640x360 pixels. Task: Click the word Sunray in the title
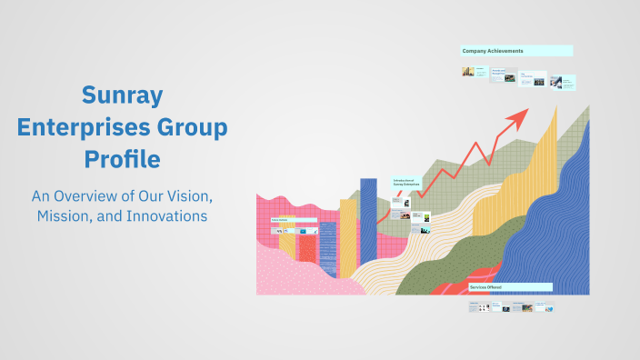(x=122, y=94)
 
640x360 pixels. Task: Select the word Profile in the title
(x=122, y=159)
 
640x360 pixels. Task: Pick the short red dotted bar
(x=307, y=249)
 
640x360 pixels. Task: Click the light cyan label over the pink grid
(x=293, y=220)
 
